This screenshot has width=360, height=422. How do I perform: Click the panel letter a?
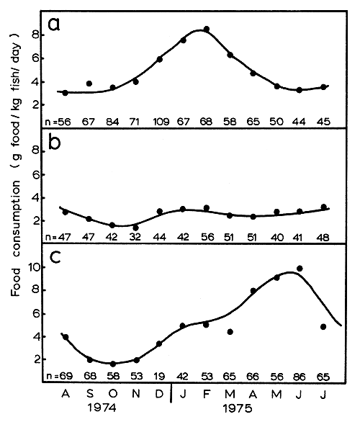coord(54,25)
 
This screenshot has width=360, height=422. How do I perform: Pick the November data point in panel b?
coord(135,228)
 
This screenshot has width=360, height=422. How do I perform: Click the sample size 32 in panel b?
coord(135,235)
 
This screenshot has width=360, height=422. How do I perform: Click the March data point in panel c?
coord(230,332)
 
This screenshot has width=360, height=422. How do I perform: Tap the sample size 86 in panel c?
coord(300,376)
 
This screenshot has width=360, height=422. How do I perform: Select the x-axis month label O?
coord(112,395)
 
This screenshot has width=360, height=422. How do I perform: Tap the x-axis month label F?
coord(206,395)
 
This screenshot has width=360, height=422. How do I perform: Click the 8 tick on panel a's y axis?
coord(43,34)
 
